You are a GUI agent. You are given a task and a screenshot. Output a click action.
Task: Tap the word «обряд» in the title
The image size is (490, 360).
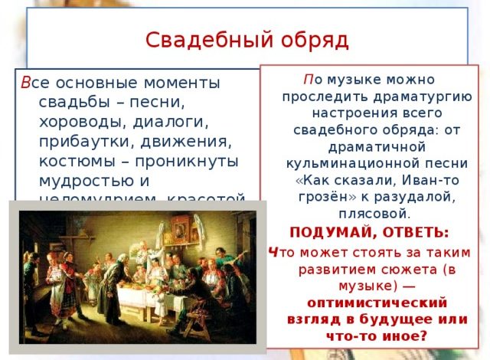coord(308,38)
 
